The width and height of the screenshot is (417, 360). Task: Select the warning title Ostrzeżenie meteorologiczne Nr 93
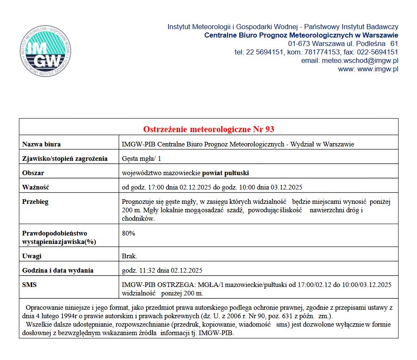(x=209, y=129)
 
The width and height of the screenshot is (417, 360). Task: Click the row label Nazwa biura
(x=41, y=144)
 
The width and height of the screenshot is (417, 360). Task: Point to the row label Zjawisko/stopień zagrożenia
(x=64, y=159)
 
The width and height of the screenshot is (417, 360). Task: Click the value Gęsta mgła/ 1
(x=141, y=159)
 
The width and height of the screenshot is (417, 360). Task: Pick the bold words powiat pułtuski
(x=226, y=173)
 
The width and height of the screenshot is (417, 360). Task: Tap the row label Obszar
(x=33, y=173)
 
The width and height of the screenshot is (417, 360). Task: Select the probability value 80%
(x=128, y=233)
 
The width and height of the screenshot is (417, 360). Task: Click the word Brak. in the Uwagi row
(x=129, y=256)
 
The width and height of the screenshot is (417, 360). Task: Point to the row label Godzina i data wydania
(x=57, y=271)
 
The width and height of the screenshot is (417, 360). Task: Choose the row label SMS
(x=29, y=285)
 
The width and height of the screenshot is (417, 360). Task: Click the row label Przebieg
(x=35, y=202)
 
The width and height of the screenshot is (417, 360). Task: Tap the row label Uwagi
(x=32, y=256)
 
